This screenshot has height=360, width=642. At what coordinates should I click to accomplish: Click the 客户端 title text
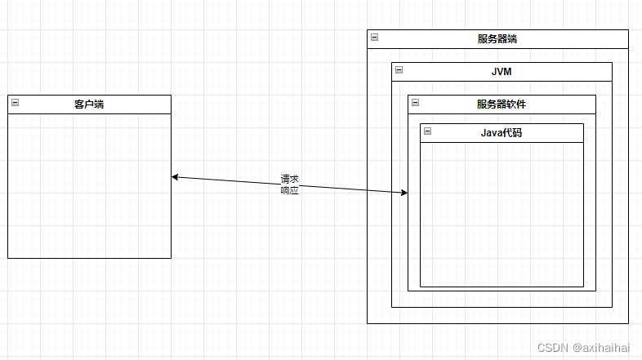tap(89, 104)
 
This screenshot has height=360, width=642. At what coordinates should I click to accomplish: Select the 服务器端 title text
tap(497, 39)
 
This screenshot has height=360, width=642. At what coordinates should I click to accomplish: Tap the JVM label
tap(502, 72)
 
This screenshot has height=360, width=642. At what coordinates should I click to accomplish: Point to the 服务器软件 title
tap(502, 104)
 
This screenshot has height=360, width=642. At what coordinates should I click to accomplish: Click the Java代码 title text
tap(502, 133)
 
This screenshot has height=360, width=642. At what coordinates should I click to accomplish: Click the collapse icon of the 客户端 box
tap(15, 102)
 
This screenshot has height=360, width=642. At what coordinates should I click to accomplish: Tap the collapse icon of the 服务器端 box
tap(374, 37)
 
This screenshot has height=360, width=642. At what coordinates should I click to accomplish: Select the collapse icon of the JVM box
tap(399, 69)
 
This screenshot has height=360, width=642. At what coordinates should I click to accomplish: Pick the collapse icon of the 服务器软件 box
tap(415, 102)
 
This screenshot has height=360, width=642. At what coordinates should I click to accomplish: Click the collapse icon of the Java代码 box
tap(427, 131)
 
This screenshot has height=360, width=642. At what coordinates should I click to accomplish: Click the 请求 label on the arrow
tap(290, 179)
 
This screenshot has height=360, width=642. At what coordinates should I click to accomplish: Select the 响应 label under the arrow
tap(290, 190)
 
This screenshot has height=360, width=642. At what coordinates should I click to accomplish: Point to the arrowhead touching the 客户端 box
tap(175, 177)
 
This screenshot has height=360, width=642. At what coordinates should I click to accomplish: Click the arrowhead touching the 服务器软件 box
tap(404, 193)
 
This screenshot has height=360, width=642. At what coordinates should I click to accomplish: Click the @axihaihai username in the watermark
tap(601, 348)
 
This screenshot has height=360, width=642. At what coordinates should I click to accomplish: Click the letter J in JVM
tap(494, 72)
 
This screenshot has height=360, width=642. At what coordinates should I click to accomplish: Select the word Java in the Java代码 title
tap(492, 133)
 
